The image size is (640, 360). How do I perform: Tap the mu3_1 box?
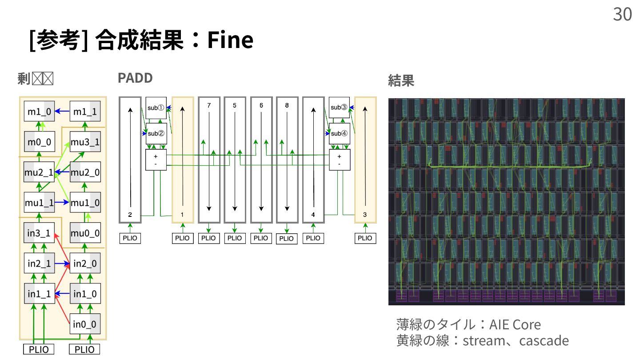[85, 143]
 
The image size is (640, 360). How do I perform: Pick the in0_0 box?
[85, 323]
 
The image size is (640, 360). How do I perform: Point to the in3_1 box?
[39, 232]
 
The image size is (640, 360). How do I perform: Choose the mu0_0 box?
[85, 232]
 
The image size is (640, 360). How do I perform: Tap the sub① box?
[156, 108]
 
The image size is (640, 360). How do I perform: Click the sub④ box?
[339, 133]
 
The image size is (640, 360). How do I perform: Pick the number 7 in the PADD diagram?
[209, 105]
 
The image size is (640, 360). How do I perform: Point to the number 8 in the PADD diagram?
[287, 105]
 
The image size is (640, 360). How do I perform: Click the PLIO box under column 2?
[130, 238]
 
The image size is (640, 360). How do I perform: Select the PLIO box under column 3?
[365, 238]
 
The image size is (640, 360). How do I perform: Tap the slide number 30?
[622, 15]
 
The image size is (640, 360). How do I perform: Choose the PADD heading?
[135, 78]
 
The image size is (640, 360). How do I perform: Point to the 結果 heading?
[401, 81]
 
